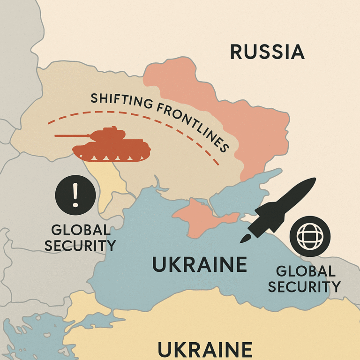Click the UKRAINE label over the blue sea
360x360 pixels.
coord(200,265)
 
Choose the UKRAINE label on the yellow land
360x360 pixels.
coord(204,350)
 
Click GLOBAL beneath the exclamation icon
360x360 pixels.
coord(81,230)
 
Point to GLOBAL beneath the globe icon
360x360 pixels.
coord(306,271)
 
